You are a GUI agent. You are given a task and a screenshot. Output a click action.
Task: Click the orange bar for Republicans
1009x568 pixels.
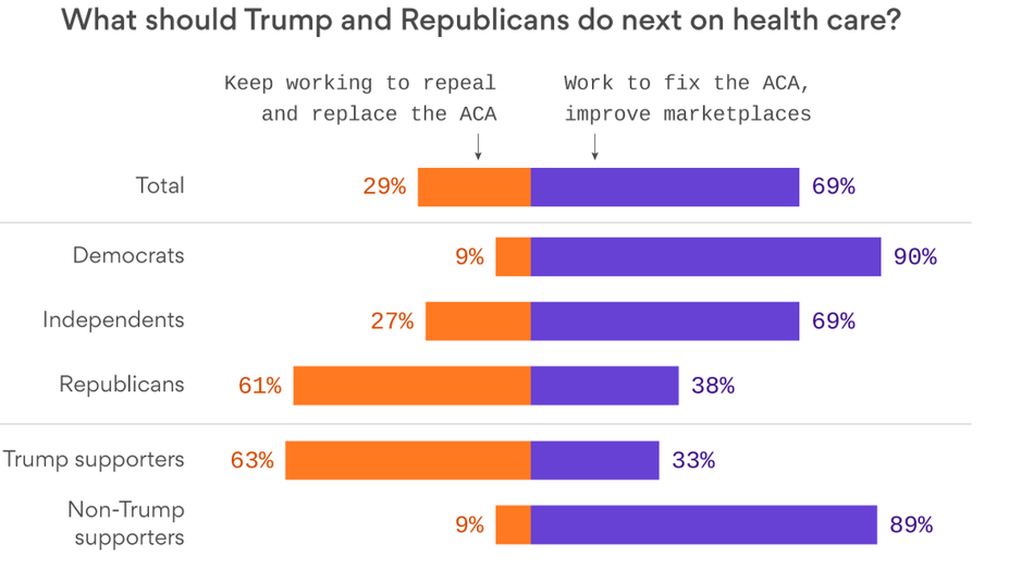(x=412, y=386)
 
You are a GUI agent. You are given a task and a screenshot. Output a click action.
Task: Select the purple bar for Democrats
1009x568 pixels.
(x=705, y=257)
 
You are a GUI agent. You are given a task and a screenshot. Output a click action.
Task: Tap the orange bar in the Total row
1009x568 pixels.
(x=474, y=187)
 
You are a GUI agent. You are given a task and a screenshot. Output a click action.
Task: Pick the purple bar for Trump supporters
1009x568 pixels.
(x=594, y=460)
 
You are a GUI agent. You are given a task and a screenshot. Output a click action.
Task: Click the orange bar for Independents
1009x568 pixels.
(x=478, y=321)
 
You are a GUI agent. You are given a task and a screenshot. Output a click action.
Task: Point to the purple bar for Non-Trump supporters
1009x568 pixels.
(x=704, y=525)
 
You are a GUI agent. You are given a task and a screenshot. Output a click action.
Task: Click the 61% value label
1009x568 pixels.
(x=260, y=386)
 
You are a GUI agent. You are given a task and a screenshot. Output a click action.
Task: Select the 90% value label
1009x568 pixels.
(x=915, y=257)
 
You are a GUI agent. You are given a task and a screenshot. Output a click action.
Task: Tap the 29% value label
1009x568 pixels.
(x=384, y=186)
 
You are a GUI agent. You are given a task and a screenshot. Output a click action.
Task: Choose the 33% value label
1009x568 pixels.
(x=693, y=460)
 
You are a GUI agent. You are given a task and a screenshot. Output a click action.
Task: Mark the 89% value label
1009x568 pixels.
(x=911, y=524)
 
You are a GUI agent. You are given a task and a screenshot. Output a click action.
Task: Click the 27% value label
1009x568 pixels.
(x=392, y=321)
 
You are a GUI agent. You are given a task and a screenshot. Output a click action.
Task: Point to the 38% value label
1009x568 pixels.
(x=713, y=386)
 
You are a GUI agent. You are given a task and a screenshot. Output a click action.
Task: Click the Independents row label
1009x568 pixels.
(x=113, y=320)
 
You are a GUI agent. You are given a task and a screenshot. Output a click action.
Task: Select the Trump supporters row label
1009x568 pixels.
(x=94, y=459)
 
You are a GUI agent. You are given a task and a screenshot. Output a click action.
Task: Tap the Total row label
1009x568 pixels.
(x=160, y=186)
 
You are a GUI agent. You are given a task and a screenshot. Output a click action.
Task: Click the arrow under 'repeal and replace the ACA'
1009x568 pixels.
(x=478, y=147)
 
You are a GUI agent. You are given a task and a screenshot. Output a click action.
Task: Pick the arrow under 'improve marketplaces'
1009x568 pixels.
(x=595, y=147)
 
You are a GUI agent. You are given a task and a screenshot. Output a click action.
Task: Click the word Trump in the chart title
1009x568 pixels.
(x=288, y=20)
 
